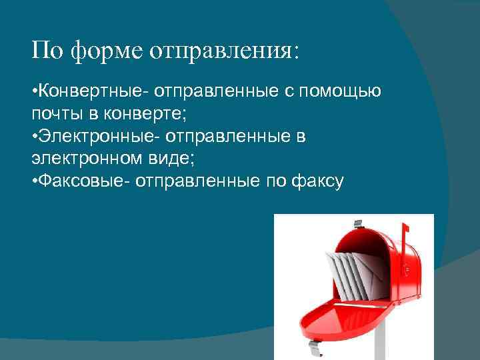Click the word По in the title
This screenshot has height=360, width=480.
tap(47, 51)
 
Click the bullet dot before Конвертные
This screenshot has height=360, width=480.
tap(35, 91)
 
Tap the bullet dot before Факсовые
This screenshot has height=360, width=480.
tap(35, 181)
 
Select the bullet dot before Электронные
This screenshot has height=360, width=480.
tap(35, 136)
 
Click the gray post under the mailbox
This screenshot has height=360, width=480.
tap(380, 340)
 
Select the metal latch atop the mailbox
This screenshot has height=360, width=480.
tap(358, 223)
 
